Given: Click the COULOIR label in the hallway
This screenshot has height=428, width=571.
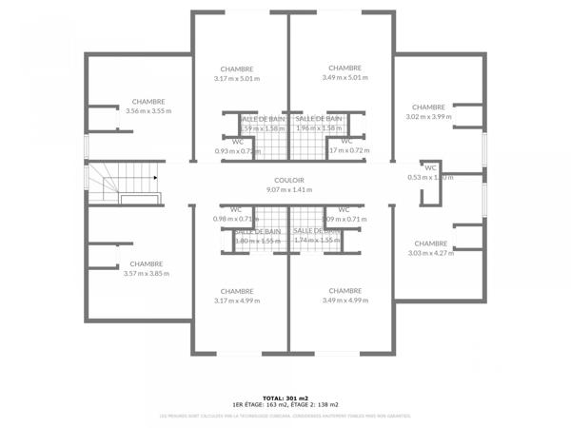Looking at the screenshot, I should click(x=288, y=180).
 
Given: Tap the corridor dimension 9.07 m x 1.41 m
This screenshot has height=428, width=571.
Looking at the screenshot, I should click(x=288, y=189).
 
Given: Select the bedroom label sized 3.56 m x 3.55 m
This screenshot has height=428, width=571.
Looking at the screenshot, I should click(x=148, y=110).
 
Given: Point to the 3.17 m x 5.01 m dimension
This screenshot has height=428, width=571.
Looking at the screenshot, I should click(x=237, y=78).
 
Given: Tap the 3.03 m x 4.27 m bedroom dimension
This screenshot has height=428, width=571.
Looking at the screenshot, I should click(x=430, y=253).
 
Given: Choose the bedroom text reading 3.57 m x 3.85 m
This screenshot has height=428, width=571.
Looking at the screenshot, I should click(x=147, y=274).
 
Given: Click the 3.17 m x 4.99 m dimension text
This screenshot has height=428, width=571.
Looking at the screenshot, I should click(x=237, y=301).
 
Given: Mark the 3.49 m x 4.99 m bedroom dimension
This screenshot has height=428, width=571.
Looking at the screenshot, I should click(x=345, y=301).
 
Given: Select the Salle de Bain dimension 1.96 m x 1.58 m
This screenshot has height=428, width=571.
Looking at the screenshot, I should click(x=319, y=127).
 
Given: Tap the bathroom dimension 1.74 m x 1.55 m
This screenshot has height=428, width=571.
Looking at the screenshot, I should click(x=317, y=241).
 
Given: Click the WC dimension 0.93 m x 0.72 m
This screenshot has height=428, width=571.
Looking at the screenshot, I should click(x=237, y=150).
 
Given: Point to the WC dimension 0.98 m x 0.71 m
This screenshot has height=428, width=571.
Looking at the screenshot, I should click(x=235, y=219).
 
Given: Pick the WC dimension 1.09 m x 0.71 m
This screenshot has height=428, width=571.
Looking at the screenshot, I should click(x=345, y=219).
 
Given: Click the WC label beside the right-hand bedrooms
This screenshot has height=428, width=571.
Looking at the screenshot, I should click(x=430, y=167).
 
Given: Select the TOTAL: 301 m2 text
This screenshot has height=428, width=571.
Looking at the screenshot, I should click(x=285, y=397).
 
